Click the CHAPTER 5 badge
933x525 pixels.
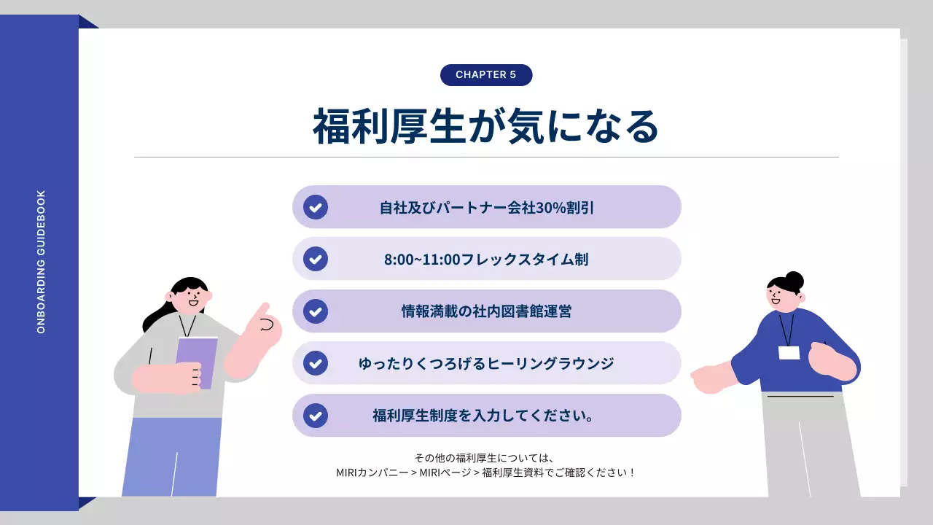486,75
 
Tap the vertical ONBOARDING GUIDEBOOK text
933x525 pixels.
41,262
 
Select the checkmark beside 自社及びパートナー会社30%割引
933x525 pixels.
316,207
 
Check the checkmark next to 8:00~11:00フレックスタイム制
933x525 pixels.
316,259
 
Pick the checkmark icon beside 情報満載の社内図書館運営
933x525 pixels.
316,311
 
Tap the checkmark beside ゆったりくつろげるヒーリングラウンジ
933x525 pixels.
316,363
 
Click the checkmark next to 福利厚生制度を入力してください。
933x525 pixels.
316,416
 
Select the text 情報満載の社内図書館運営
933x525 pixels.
486,311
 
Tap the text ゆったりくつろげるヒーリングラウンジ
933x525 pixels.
486,363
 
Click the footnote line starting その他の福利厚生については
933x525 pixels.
486,458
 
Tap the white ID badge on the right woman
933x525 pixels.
789,353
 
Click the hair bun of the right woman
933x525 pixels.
794,280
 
